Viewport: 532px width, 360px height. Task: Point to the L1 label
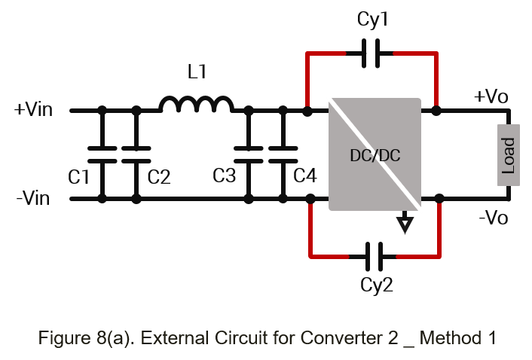pyautogui.click(x=197, y=73)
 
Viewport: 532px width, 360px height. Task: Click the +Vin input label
pyautogui.click(x=34, y=110)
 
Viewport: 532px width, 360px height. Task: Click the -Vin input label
pyautogui.click(x=34, y=200)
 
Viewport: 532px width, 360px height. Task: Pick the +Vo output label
pyautogui.click(x=491, y=98)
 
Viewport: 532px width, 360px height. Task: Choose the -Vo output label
pyautogui.click(x=494, y=218)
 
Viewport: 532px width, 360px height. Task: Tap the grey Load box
pyautogui.click(x=509, y=155)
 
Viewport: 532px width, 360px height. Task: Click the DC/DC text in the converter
pyautogui.click(x=375, y=157)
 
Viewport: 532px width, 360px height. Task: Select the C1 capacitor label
pyautogui.click(x=79, y=178)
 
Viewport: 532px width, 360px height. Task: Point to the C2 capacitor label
pyautogui.click(x=159, y=178)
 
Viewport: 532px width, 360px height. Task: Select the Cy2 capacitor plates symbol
pyautogui.click(x=373, y=256)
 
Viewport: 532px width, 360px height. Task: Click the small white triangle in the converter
pyautogui.click(x=405, y=223)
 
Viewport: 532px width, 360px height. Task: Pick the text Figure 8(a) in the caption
pyautogui.click(x=75, y=337)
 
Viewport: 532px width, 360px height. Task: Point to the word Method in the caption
pyautogui.click(x=449, y=337)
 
